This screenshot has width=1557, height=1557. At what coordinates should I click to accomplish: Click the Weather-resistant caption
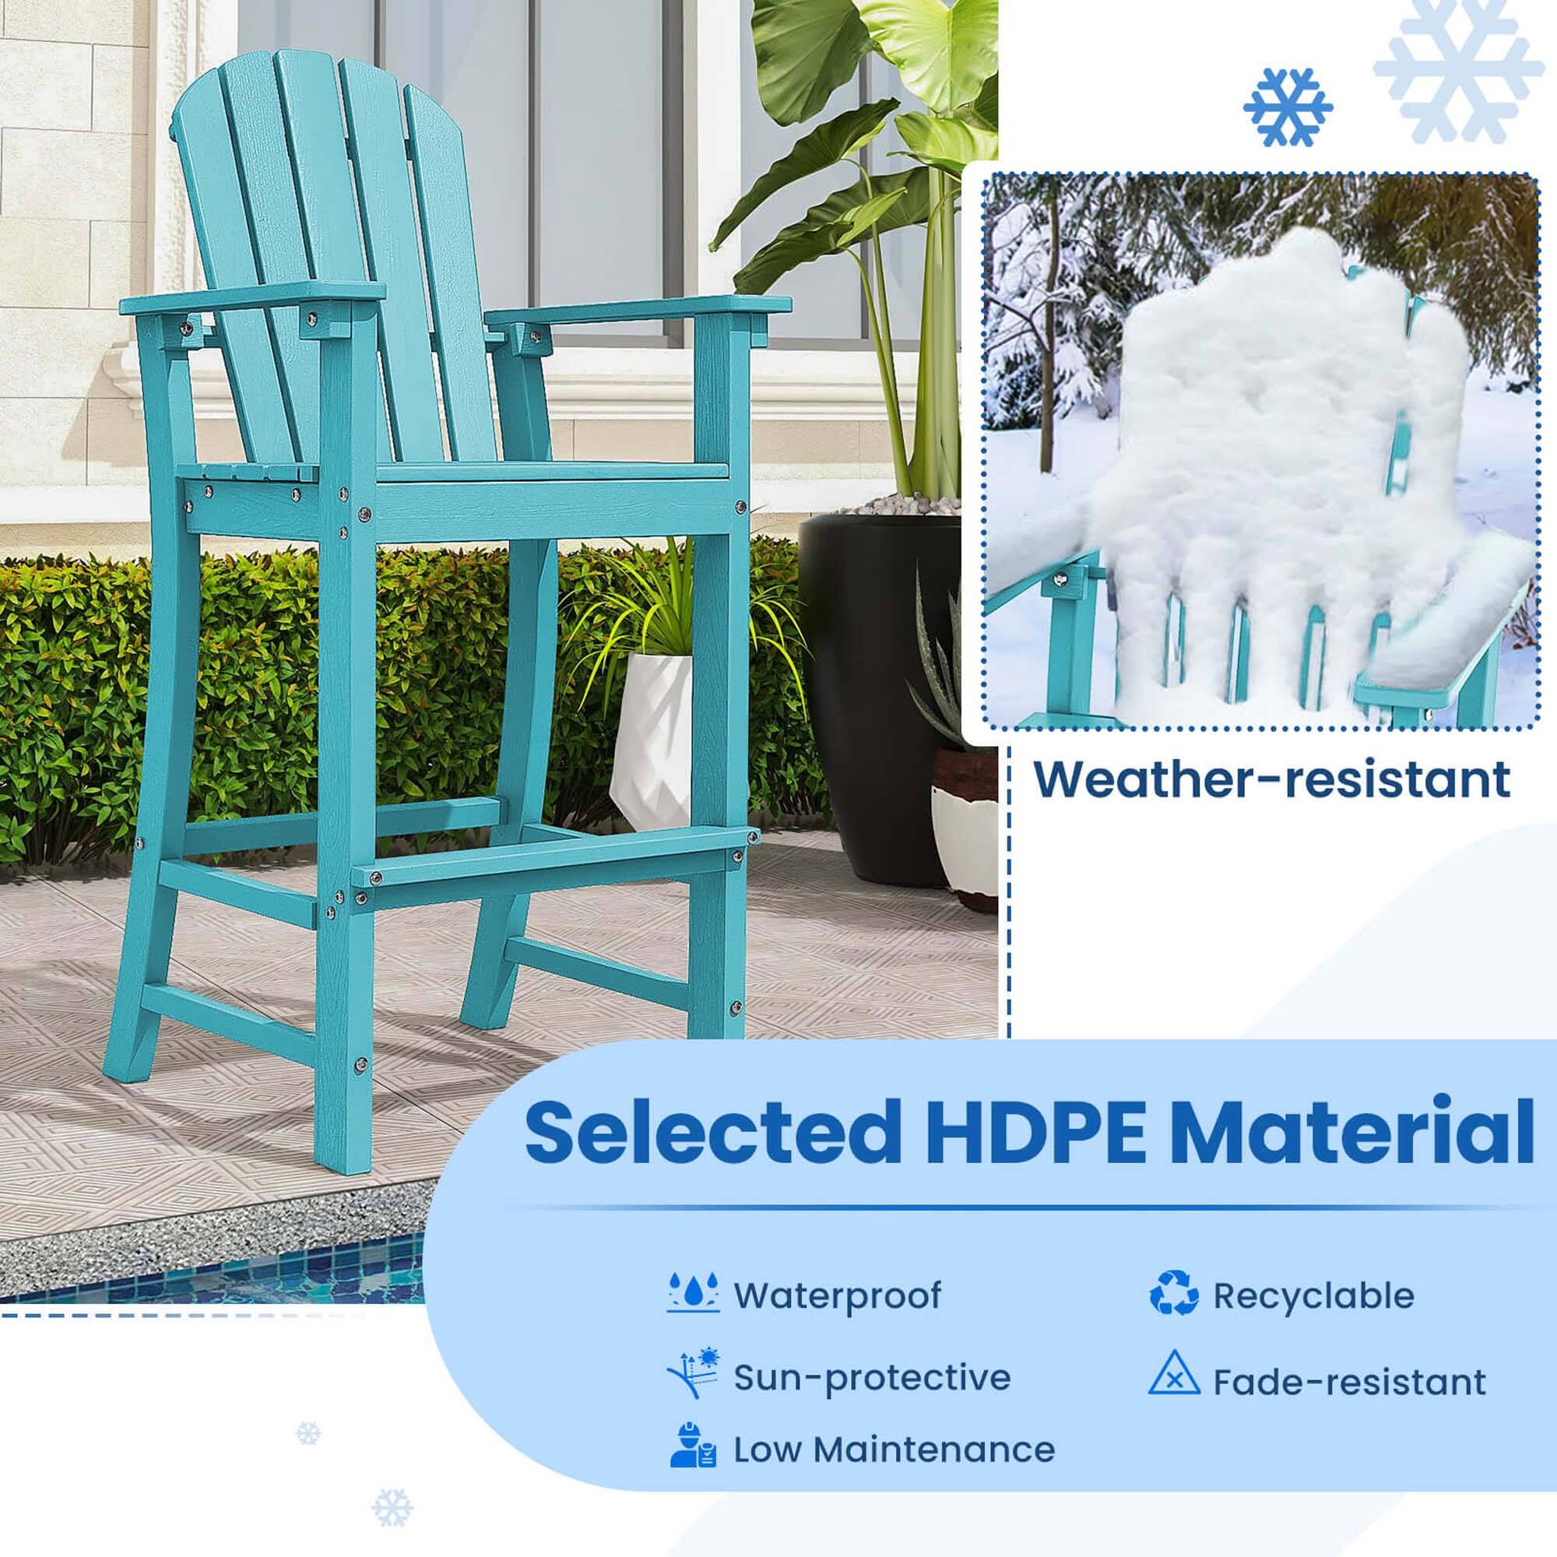tap(1272, 779)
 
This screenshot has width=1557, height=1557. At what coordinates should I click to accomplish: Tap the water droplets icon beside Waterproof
tap(694, 1295)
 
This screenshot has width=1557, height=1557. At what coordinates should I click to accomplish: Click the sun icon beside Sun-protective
tap(694, 1372)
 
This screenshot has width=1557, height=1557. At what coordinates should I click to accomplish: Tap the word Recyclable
tap(1313, 1296)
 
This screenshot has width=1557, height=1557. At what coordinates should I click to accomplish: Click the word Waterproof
tap(838, 1296)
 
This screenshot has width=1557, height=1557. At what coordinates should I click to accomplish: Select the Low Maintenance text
tap(894, 1450)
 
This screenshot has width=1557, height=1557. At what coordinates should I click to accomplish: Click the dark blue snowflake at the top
tap(1287, 107)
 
